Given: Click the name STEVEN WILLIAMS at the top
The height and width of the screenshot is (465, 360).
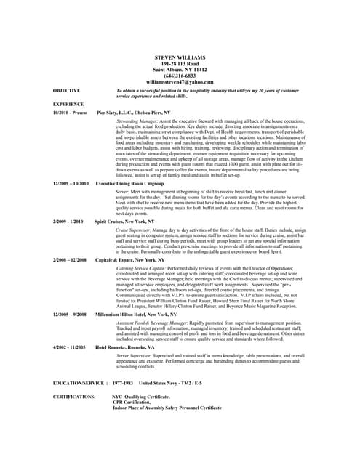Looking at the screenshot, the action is point(180,57).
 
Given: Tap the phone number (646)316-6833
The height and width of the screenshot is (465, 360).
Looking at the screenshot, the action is point(180,76).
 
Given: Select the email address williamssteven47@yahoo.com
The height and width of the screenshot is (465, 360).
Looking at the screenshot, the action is point(180,82).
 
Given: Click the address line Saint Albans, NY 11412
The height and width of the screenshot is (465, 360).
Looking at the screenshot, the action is point(180,69).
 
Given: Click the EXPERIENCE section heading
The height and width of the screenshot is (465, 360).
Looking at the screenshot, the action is point(69,105).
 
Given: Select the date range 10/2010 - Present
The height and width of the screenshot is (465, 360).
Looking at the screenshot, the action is point(71,114).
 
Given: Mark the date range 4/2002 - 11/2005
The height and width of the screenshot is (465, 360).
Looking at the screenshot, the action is point(70,348).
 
